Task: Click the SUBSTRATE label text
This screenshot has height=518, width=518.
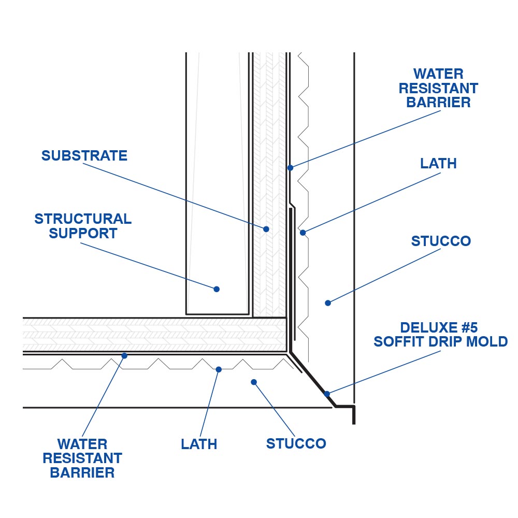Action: pyautogui.click(x=84, y=155)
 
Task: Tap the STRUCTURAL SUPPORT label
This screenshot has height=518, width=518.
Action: pyautogui.click(x=83, y=226)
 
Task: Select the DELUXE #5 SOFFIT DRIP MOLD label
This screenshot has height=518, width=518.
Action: pyautogui.click(x=440, y=335)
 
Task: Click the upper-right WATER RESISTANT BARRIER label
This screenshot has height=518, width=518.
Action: pyautogui.click(x=438, y=88)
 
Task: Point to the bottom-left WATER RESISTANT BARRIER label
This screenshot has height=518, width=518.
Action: pyautogui.click(x=82, y=458)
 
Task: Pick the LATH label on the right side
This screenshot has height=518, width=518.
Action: pyautogui.click(x=438, y=164)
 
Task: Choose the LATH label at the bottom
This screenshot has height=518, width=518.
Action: pyautogui.click(x=199, y=444)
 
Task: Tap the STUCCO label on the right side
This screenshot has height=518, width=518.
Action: pyautogui.click(x=441, y=241)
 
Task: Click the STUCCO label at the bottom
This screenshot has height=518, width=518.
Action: pyautogui.click(x=296, y=443)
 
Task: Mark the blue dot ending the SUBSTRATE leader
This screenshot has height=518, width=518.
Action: pyautogui.click(x=266, y=229)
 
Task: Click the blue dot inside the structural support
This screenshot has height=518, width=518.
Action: pyautogui.click(x=217, y=289)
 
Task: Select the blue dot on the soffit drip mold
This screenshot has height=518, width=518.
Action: pyautogui.click(x=327, y=394)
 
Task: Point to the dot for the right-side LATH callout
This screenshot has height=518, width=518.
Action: pyautogui.click(x=303, y=233)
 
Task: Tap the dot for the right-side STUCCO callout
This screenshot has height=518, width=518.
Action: pyautogui.click(x=327, y=303)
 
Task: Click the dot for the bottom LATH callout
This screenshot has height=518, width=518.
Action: pyautogui.click(x=219, y=369)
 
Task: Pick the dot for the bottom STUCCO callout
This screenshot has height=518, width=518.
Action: pyautogui.click(x=254, y=382)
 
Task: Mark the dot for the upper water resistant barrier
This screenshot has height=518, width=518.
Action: pyautogui.click(x=291, y=168)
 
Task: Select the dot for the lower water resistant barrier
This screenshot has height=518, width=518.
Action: pyautogui.click(x=124, y=355)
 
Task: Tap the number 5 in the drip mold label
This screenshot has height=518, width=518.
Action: pyautogui.click(x=471, y=328)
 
